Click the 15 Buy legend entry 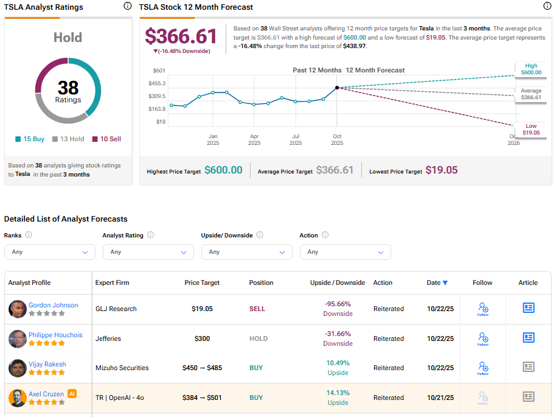[x=30, y=139]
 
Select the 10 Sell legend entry [x=106, y=139]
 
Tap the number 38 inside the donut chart [x=68, y=88]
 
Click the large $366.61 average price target [x=181, y=36]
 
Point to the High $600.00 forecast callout [x=530, y=69]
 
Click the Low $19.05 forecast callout [x=530, y=129]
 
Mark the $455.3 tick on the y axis [x=157, y=83]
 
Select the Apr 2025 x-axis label [x=254, y=139]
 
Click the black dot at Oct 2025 [x=337, y=88]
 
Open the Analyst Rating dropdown [x=148, y=252]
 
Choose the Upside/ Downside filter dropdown [x=246, y=252]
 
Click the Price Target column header [x=202, y=282]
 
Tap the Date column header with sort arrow [x=437, y=282]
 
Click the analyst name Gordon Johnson [x=54, y=305]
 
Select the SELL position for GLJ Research [x=257, y=309]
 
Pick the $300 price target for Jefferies [x=202, y=338]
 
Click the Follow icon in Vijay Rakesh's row [x=483, y=367]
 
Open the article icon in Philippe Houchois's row [x=529, y=338]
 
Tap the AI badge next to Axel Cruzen [x=72, y=394]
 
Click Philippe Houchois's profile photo [x=18, y=338]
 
